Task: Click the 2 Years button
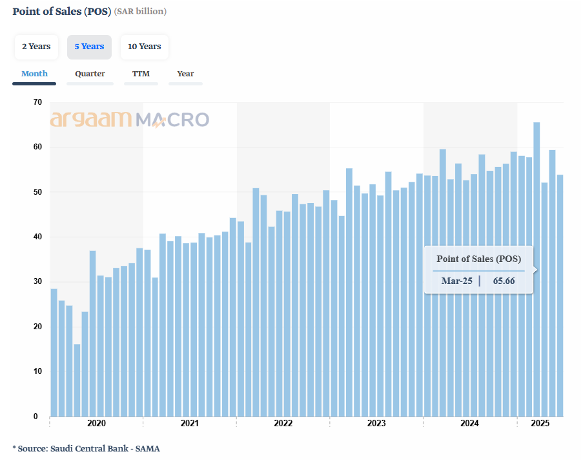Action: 36,47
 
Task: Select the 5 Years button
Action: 89,47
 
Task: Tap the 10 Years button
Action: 144,47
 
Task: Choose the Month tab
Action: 34,74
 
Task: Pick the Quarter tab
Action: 90,74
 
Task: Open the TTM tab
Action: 141,74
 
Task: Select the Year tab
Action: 185,74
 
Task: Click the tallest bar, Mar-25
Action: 537,269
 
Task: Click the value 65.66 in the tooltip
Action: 504,281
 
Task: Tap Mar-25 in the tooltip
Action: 456,281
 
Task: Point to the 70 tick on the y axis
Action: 37,102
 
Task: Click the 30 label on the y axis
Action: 37,281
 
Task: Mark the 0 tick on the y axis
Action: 36,417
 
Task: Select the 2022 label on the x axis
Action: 283,424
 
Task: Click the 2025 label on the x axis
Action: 540,424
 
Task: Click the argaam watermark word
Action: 91,120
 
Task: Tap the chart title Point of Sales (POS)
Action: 62,11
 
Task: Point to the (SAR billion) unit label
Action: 141,12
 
